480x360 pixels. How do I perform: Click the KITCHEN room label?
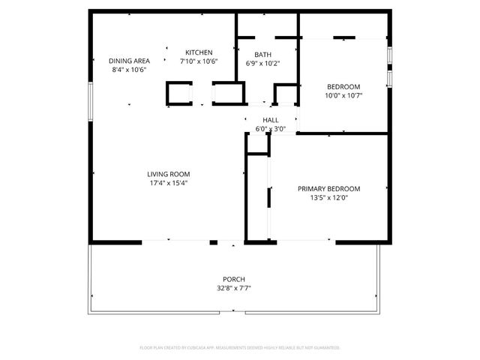pos(199,52)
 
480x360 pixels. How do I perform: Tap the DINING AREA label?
pos(129,61)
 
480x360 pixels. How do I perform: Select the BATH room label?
pos(262,55)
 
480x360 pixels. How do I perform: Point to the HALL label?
pos(271,120)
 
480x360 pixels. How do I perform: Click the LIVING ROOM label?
pos(167,174)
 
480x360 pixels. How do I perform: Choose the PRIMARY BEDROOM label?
pos(328,189)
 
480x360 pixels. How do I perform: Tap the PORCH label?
pos(234,279)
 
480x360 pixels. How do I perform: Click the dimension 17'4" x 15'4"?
pos(167,183)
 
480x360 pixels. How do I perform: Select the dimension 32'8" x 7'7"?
pos(234,288)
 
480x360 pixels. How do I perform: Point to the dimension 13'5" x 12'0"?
pos(328,198)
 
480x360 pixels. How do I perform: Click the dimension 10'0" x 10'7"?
pos(343,96)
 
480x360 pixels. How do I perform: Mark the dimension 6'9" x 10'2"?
pos(262,64)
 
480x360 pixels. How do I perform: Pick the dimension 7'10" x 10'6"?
pos(199,61)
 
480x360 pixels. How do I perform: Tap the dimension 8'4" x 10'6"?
pos(129,70)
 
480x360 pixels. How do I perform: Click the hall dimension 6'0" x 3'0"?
pos(271,129)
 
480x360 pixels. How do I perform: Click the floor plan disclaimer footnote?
pos(240,348)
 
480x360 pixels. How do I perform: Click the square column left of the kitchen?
pos(178,94)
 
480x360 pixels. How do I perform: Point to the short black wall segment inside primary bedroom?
pos(269,196)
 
